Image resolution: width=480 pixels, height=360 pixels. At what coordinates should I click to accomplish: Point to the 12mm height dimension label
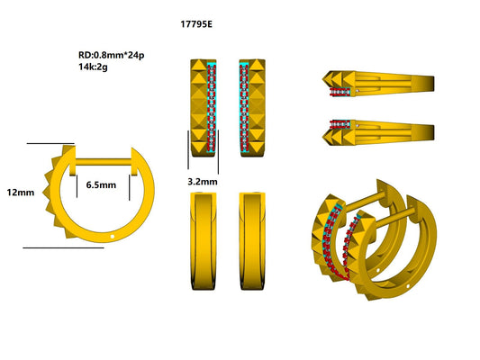click(20, 192)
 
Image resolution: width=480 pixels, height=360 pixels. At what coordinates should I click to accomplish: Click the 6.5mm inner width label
click(101, 184)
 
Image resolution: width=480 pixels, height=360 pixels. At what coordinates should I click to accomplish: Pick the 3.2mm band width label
click(203, 182)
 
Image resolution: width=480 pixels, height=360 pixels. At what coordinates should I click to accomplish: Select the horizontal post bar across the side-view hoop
click(101, 162)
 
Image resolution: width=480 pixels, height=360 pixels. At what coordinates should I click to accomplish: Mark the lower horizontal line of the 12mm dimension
click(63, 247)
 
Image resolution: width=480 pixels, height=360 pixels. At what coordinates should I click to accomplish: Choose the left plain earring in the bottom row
click(204, 240)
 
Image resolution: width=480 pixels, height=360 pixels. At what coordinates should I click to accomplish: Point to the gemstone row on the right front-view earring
click(242, 108)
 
